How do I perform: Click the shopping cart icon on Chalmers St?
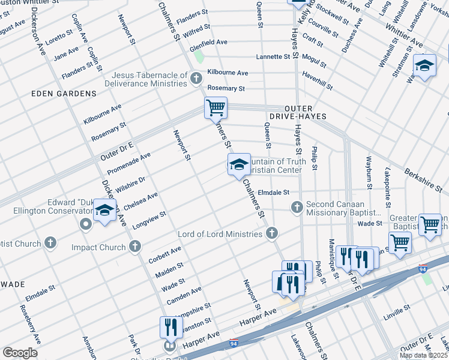pos(215,109)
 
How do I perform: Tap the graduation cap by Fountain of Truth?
pos(238,165)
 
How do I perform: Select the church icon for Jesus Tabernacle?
pos(196,79)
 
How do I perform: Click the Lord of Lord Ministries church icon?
pos(272,233)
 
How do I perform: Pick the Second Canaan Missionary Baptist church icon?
pos(296,208)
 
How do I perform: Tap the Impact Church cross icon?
pos(134,247)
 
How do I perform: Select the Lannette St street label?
pos(273,57)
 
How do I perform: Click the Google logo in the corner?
pos(20,353)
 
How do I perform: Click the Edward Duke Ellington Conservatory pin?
pos(85,224)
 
